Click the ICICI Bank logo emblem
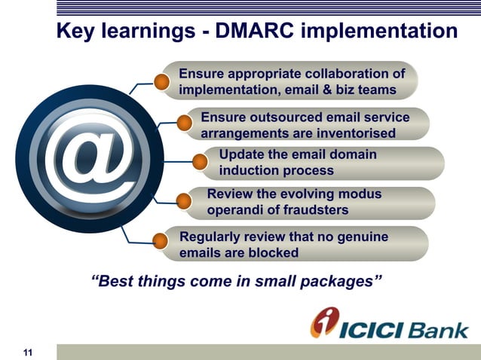(326, 322)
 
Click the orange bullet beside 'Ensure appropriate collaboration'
(161, 81)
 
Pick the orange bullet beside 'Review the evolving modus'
(183, 200)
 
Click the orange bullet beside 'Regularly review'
(161, 242)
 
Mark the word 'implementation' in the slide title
(379, 32)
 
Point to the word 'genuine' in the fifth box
(360, 237)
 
